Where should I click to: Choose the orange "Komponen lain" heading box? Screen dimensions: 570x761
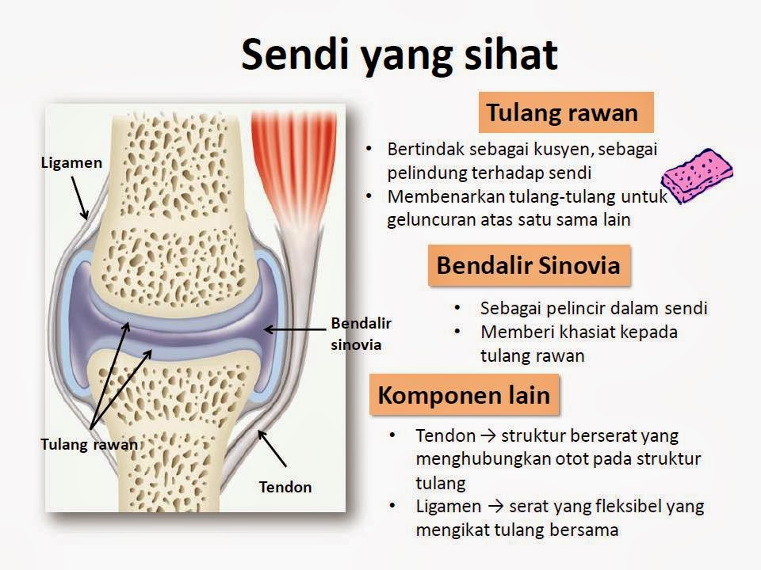click(464, 394)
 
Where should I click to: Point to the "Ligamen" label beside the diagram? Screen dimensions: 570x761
click(72, 163)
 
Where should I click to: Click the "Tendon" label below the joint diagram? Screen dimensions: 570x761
click(285, 487)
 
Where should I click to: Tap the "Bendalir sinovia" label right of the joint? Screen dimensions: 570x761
click(361, 333)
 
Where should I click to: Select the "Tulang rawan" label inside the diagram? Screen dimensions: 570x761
click(89, 444)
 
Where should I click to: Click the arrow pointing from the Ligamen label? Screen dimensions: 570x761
click(79, 196)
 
